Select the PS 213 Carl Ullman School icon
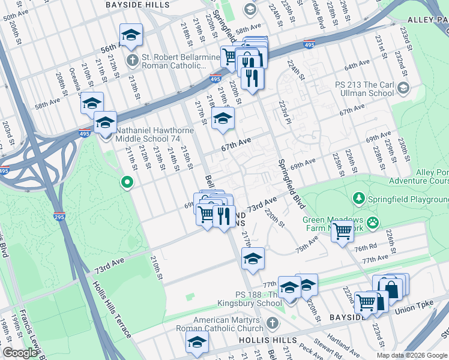tap(403, 89)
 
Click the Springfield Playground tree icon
tap(359, 197)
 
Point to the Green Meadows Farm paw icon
tap(373, 223)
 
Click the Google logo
tap(19, 353)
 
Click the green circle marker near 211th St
tap(127, 182)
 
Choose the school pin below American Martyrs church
tap(196, 344)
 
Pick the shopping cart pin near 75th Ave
tap(342, 231)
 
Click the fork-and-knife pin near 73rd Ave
tap(224, 215)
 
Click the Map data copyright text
tap(412, 355)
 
